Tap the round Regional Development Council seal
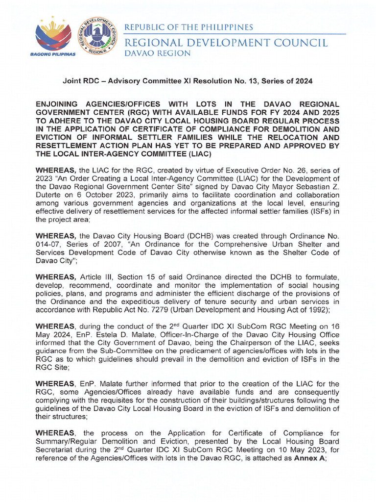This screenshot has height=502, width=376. click(x=96, y=36)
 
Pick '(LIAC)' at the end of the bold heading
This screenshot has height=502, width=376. click(x=196, y=154)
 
